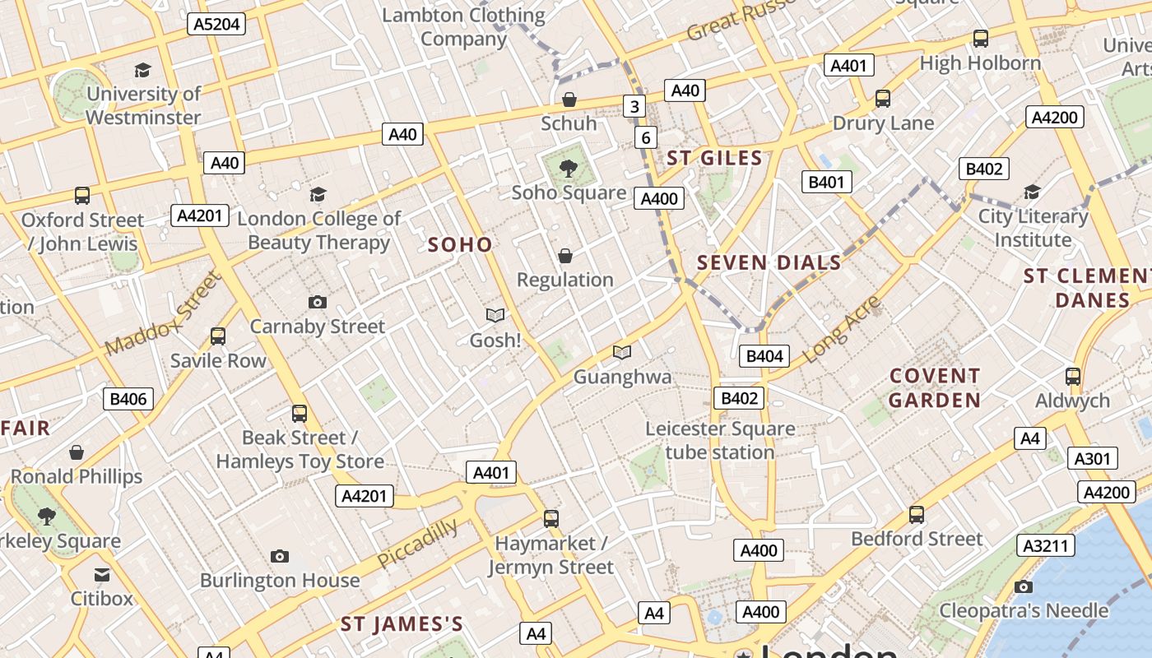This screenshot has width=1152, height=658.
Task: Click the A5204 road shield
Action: [216, 24]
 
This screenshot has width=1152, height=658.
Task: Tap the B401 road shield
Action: [826, 182]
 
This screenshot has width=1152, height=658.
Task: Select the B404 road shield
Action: [764, 356]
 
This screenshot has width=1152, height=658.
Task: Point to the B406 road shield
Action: [128, 400]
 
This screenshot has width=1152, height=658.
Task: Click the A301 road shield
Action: [1093, 459]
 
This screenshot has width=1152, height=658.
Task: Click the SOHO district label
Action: [460, 244]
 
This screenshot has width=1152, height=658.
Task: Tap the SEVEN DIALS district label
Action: [769, 263]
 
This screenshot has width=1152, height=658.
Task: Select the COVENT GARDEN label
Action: [935, 388]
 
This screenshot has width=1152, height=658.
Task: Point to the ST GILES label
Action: [714, 158]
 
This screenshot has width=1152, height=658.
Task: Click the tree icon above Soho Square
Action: [567, 169]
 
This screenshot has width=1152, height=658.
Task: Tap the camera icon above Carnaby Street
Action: [318, 303]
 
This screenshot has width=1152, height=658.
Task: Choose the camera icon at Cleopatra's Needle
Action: [1023, 586]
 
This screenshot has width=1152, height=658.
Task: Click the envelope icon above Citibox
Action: [102, 574]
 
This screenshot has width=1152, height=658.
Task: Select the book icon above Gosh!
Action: [495, 315]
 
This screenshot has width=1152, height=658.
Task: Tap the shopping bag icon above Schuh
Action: [569, 100]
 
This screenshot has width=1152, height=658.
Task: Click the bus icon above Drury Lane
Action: [883, 99]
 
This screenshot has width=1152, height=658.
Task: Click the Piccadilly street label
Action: [418, 544]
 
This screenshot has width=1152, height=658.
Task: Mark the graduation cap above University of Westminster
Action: [143, 70]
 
